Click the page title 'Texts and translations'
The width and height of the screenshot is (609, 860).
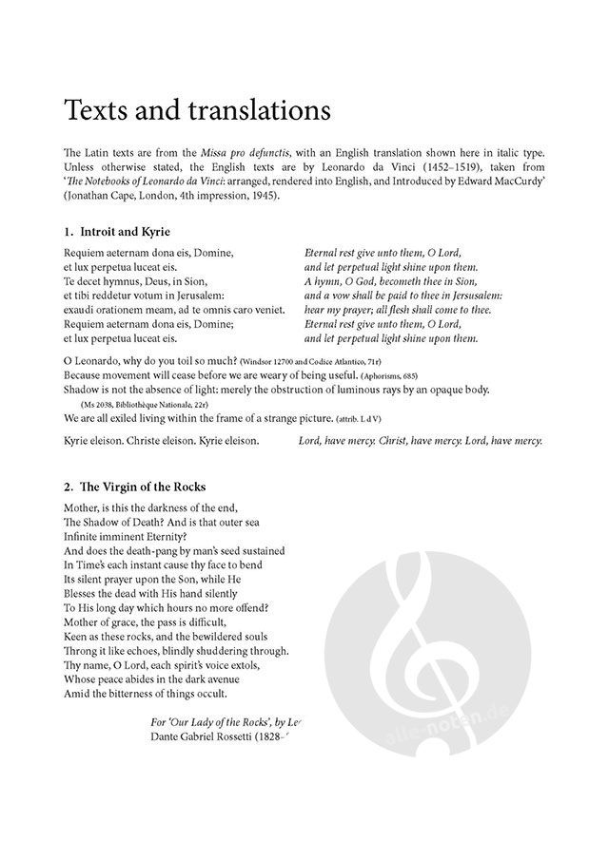point(197,109)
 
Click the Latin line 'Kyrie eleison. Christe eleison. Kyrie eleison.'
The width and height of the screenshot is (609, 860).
point(161,440)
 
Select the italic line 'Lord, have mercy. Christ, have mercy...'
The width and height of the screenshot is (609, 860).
point(420,440)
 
